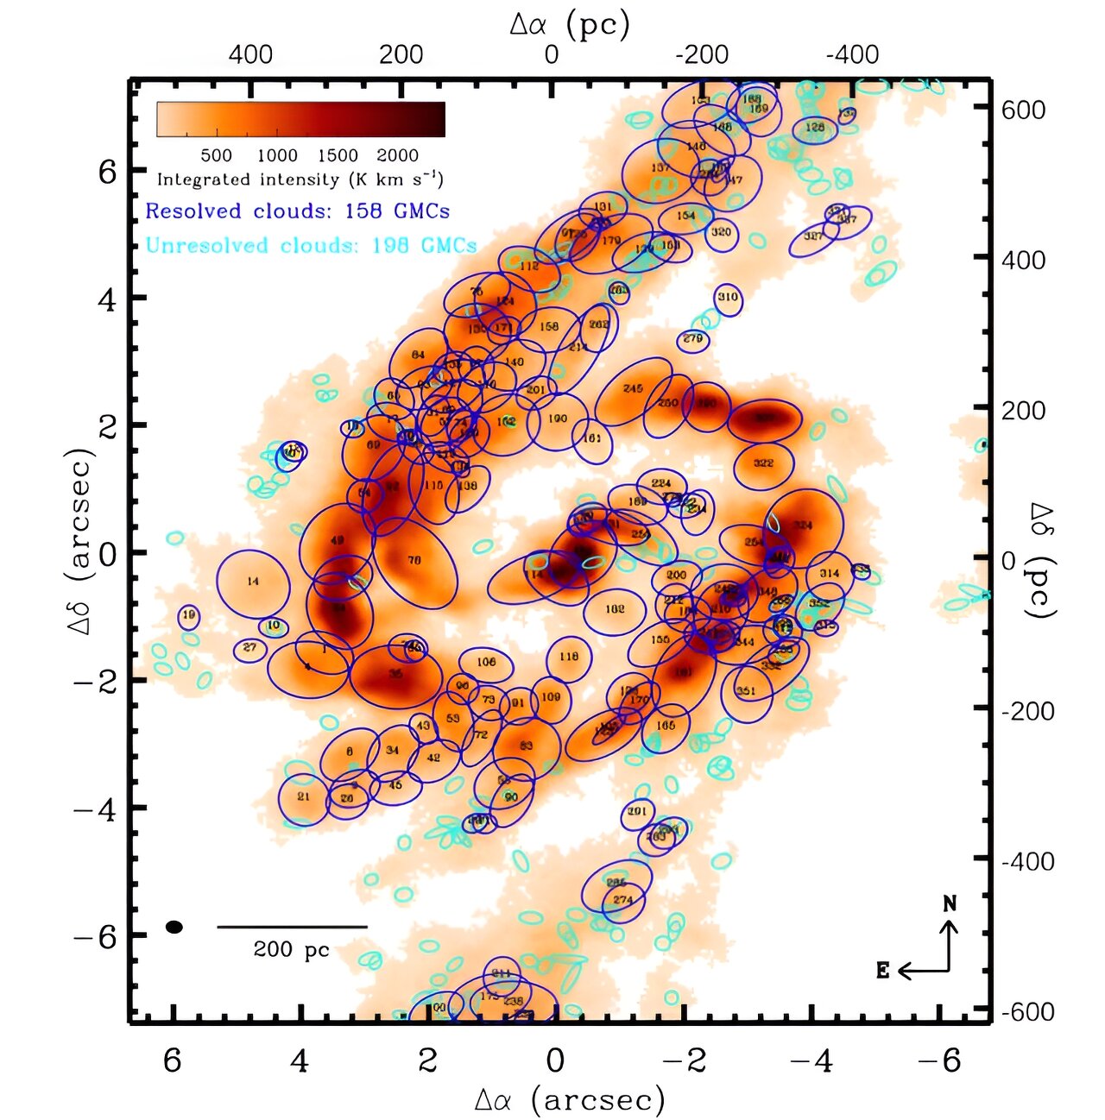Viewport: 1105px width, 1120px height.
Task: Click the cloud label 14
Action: (252, 582)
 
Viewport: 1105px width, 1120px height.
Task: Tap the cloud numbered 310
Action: (728, 297)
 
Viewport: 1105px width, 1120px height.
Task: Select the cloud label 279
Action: (692, 339)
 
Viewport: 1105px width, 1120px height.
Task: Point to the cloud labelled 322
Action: (763, 463)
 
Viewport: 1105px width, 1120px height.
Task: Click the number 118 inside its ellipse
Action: (568, 657)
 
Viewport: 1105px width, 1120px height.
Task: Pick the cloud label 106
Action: (486, 662)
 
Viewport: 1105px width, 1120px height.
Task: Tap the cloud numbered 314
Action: (830, 573)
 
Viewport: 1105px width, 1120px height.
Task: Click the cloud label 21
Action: (303, 796)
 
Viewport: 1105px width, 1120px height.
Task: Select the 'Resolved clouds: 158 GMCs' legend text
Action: (297, 211)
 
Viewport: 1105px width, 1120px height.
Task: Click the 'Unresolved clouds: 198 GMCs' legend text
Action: (311, 245)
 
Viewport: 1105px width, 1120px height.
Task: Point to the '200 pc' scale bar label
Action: (292, 950)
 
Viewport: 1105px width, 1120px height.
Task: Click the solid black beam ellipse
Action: (174, 927)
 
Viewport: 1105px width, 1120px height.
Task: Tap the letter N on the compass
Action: (950, 903)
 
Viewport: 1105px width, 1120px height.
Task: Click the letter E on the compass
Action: (882, 971)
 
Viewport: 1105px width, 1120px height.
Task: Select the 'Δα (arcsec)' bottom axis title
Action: (570, 1098)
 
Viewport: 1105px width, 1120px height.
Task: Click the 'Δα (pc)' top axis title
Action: (570, 25)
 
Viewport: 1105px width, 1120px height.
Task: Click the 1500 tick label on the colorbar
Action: (338, 156)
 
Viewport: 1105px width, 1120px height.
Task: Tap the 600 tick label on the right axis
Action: (1024, 110)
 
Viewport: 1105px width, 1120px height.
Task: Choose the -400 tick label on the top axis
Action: (852, 54)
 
